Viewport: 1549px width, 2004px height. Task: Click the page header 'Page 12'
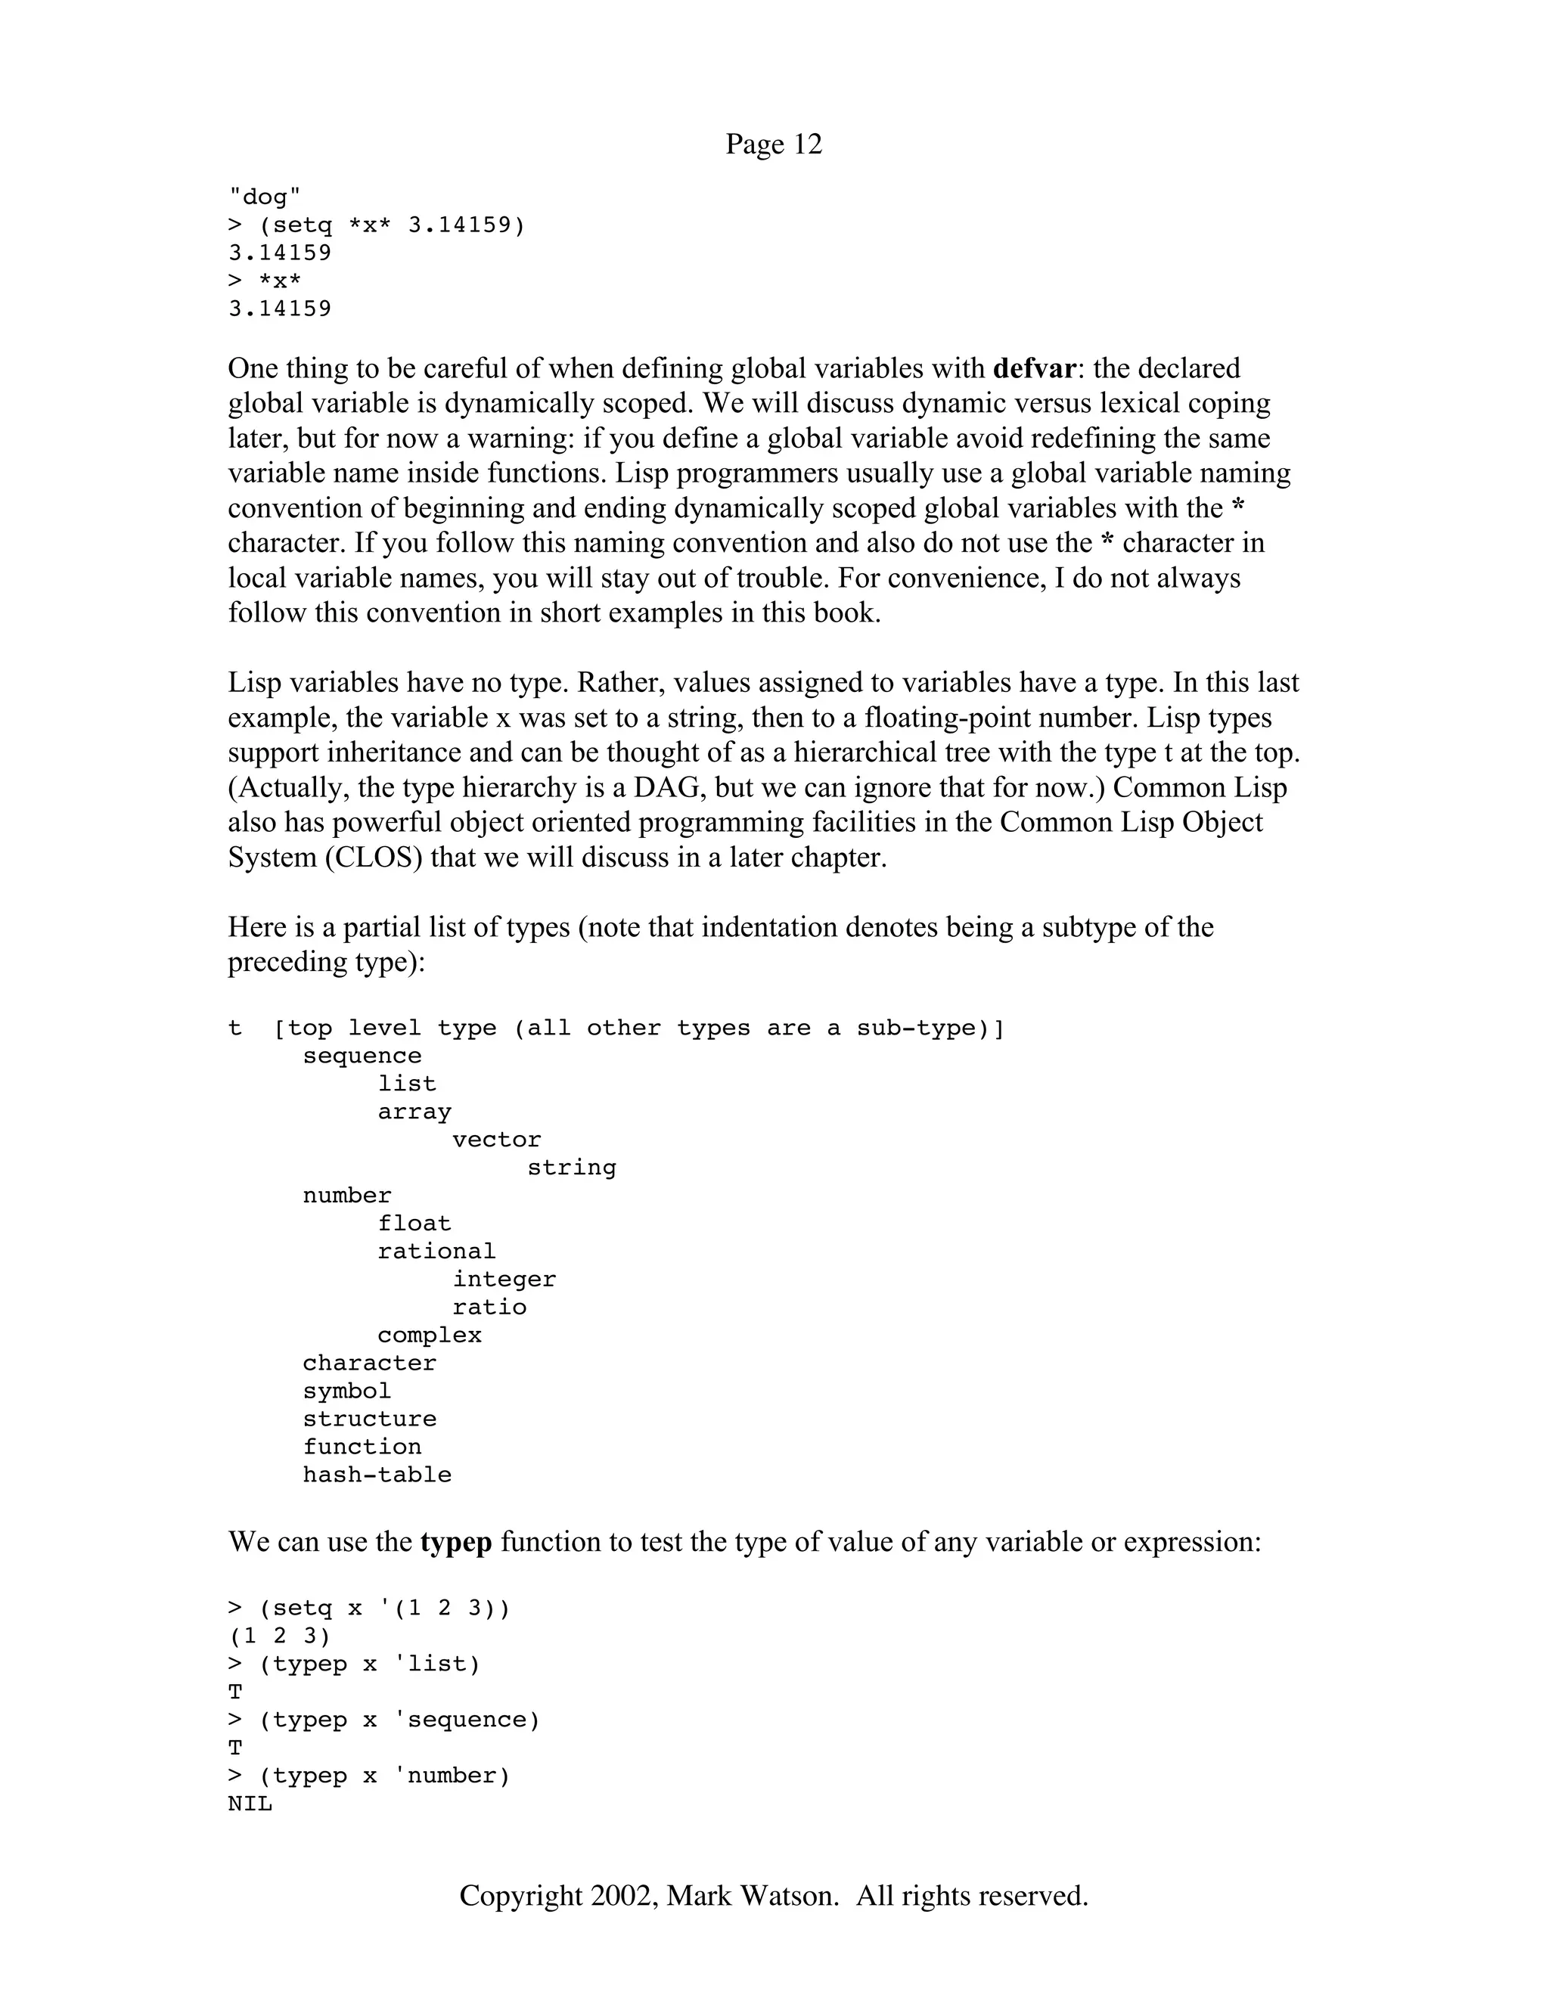click(x=773, y=144)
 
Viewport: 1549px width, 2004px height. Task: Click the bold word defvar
click(x=1033, y=368)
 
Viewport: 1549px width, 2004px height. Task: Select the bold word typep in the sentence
click(x=456, y=1540)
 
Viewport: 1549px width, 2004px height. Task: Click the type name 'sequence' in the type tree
click(x=362, y=1056)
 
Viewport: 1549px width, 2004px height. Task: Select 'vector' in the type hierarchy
click(x=496, y=1140)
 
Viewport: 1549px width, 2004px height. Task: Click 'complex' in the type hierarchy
click(x=429, y=1335)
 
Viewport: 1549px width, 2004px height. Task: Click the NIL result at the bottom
click(x=250, y=1804)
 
